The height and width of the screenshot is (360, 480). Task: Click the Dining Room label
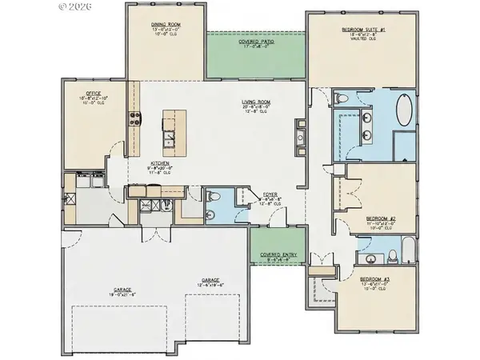[x=168, y=25]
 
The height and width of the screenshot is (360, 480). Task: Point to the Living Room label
[x=258, y=102]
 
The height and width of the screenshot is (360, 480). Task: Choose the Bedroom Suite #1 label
[x=368, y=29]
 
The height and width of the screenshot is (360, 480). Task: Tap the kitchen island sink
[x=169, y=144]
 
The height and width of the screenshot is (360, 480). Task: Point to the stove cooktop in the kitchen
[x=134, y=120]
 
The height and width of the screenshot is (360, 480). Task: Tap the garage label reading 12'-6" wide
[x=211, y=282]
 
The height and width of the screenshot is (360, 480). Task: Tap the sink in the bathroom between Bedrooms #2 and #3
[x=369, y=258]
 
